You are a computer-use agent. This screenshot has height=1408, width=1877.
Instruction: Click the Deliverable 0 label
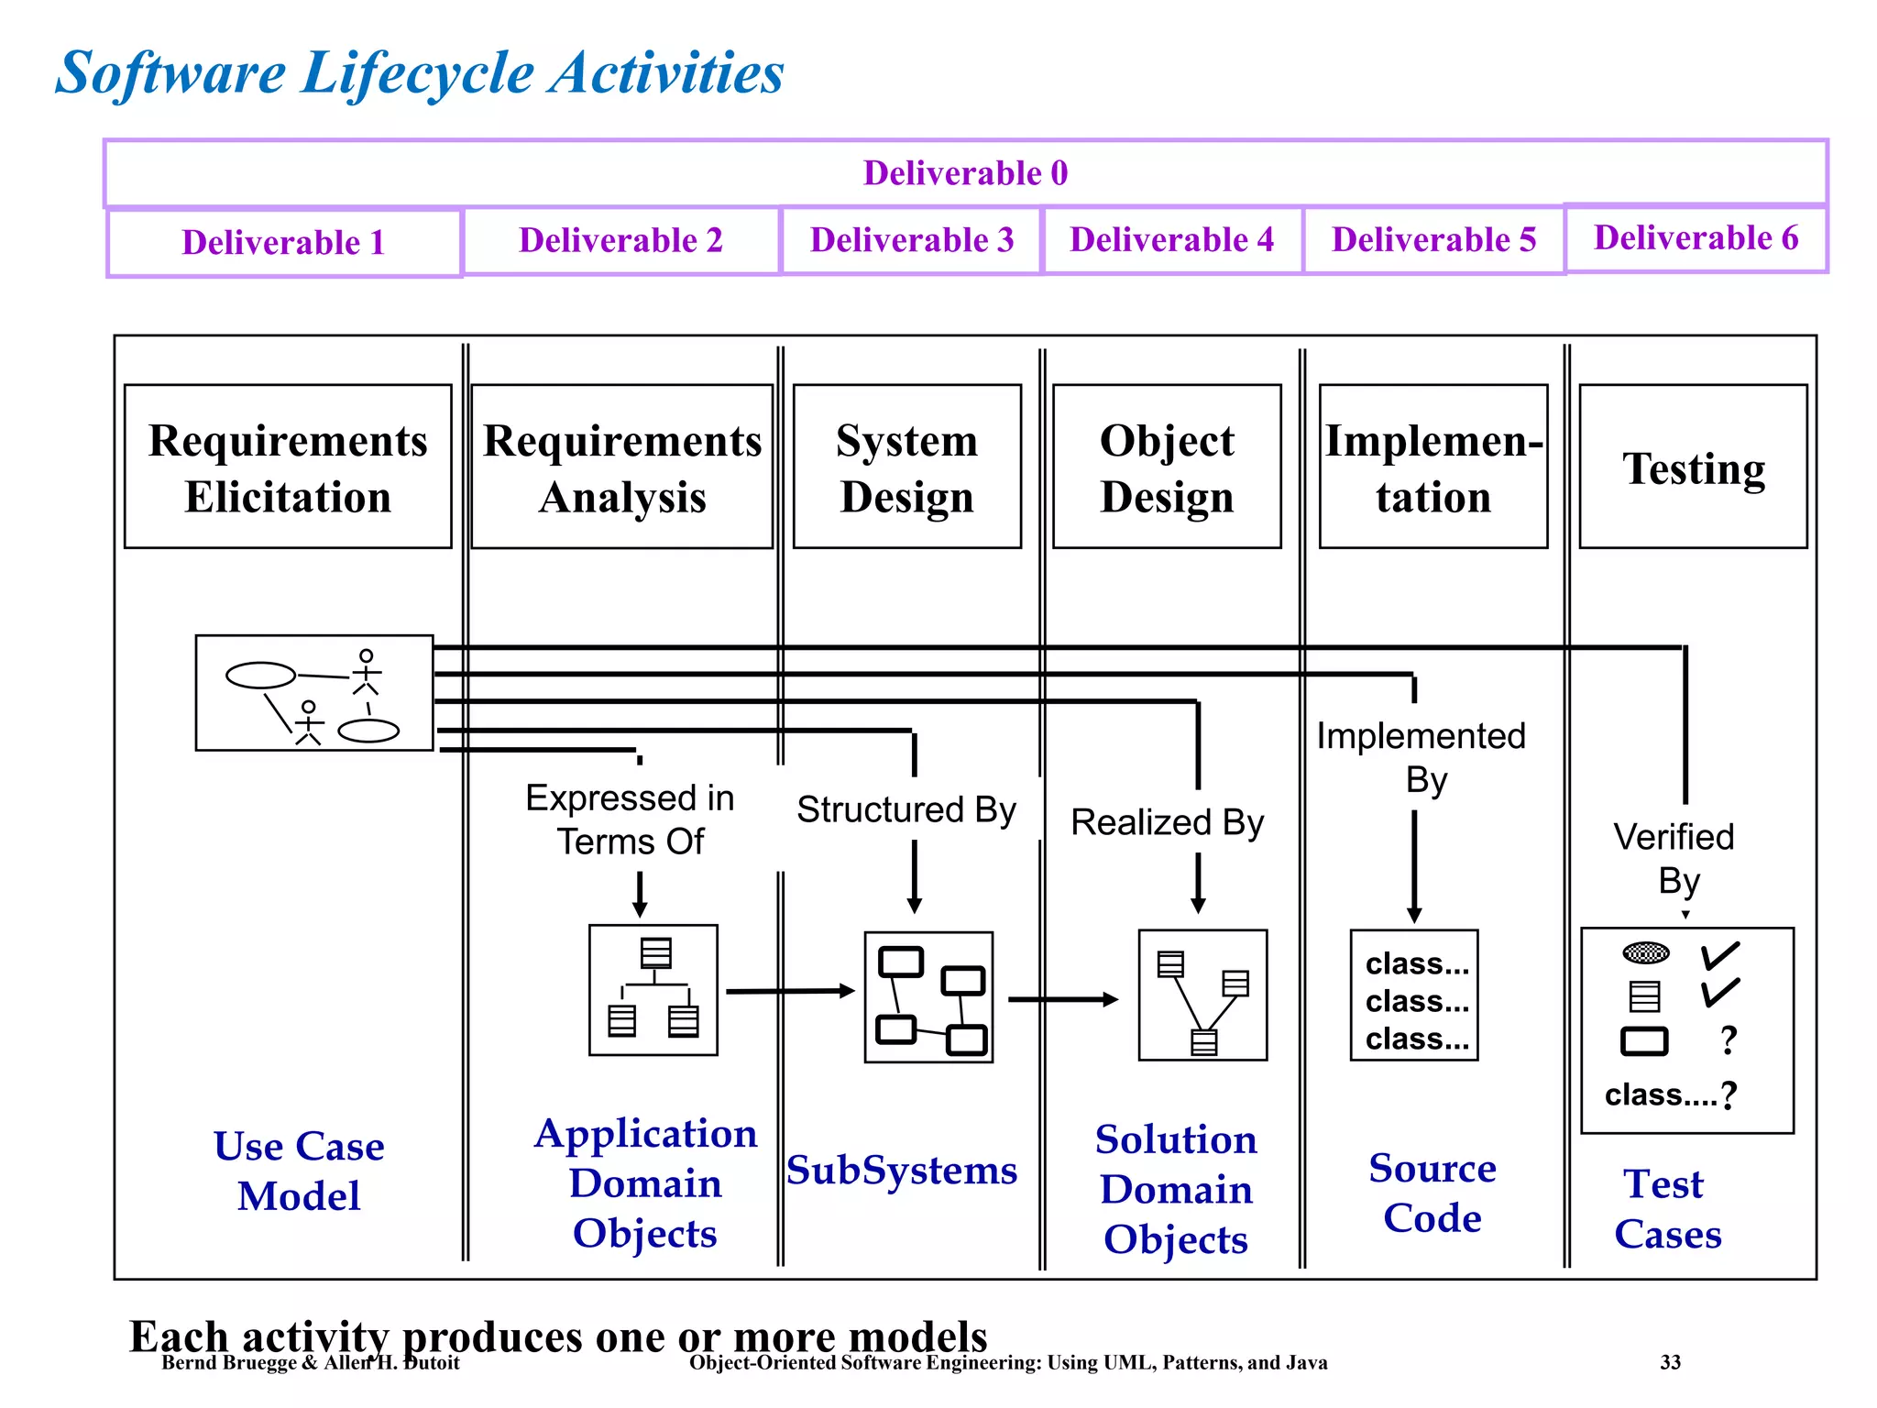point(965,173)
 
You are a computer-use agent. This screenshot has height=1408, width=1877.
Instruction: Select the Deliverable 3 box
point(911,240)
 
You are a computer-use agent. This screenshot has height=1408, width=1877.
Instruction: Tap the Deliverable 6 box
point(1696,238)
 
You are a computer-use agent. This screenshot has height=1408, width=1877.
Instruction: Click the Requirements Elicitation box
point(288,467)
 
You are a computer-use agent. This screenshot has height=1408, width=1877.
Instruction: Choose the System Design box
point(906,467)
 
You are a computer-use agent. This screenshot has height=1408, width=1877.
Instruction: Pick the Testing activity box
point(1693,467)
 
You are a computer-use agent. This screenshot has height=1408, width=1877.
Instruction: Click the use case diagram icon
point(313,693)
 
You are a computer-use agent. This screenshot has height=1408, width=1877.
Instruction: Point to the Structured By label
point(906,809)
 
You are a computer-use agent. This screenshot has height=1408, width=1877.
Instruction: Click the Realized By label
point(1167,822)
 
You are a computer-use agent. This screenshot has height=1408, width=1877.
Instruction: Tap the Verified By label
point(1674,859)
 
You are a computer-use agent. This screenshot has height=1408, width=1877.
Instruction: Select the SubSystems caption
point(902,1171)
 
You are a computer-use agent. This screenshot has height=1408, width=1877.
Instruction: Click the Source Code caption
point(1432,1193)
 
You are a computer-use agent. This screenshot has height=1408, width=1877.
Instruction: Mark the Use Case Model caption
point(299,1171)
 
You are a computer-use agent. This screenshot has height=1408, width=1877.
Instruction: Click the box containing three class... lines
point(1414,996)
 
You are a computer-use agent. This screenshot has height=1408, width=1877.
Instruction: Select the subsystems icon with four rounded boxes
point(928,997)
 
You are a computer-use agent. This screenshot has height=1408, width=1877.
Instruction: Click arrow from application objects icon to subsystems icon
point(789,991)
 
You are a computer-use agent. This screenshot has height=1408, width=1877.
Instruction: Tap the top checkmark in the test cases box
point(1719,955)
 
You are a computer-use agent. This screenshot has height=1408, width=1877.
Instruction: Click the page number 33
point(1670,1363)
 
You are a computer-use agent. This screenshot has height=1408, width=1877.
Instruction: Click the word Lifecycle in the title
point(417,73)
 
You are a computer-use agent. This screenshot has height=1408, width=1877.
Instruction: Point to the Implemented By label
point(1421,757)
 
